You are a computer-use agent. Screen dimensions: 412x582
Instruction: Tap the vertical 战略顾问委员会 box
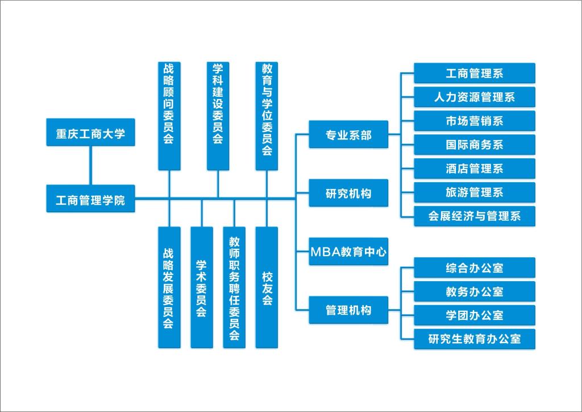pyautogui.click(x=169, y=116)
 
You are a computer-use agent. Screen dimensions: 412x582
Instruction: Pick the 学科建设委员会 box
pyautogui.click(x=218, y=116)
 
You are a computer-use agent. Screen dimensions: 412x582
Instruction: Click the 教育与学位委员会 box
pyautogui.click(x=267, y=116)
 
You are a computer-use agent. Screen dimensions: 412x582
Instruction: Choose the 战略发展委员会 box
pyautogui.click(x=169, y=287)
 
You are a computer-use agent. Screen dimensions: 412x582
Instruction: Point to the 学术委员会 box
pyautogui.click(x=201, y=287)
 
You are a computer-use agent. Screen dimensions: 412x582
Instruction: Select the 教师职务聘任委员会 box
pyautogui.click(x=234, y=287)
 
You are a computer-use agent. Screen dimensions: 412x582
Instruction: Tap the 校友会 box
pyautogui.click(x=267, y=287)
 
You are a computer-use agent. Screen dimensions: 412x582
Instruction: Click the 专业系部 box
pyautogui.click(x=348, y=134)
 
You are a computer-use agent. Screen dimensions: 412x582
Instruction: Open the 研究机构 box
pyautogui.click(x=348, y=193)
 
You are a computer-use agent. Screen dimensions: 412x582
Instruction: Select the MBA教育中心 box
pyautogui.click(x=348, y=252)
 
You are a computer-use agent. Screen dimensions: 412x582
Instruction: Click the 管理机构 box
pyautogui.click(x=348, y=310)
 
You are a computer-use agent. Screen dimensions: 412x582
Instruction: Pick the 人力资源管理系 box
pyautogui.click(x=475, y=97)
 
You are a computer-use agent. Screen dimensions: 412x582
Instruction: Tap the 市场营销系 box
pyautogui.click(x=475, y=121)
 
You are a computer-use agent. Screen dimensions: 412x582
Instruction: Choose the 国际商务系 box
pyautogui.click(x=475, y=145)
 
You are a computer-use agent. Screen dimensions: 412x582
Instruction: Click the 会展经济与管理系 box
pyautogui.click(x=475, y=216)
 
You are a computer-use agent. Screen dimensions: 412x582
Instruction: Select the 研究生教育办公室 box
pyautogui.click(x=475, y=339)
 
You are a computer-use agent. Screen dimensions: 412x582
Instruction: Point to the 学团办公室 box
pyautogui.click(x=475, y=315)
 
